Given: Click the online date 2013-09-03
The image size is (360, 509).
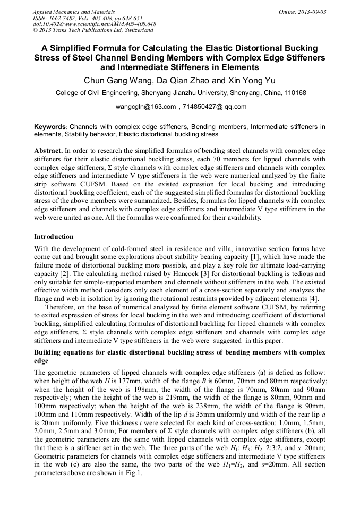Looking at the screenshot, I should pos(310,12).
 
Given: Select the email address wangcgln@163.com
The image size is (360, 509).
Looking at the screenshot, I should pos(145,107).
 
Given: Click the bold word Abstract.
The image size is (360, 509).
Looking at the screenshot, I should pos(49,151).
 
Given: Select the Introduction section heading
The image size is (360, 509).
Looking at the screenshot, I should pos(54,236).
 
